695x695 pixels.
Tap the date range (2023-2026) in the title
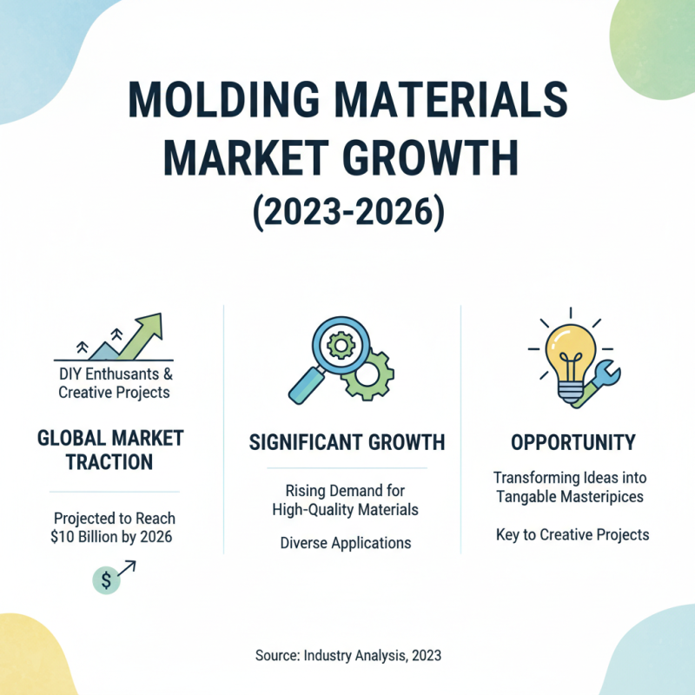point(347,210)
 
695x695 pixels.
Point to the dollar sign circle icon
point(106,580)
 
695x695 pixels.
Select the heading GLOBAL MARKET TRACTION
point(110,448)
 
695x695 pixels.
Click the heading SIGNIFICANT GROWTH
point(347,442)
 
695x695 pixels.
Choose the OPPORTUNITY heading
point(573,442)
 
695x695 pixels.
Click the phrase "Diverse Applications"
point(347,543)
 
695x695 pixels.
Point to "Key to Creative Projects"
point(573,534)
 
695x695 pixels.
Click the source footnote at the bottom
point(348,655)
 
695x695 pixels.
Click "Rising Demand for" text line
point(347,491)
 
